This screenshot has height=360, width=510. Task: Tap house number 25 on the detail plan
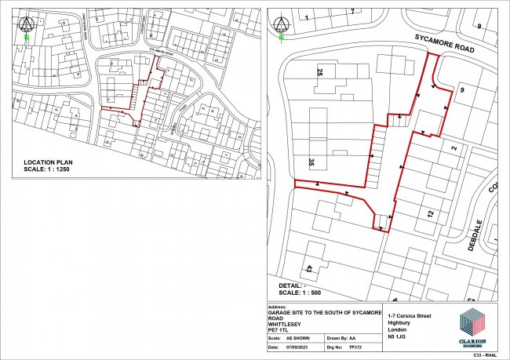point(319,73)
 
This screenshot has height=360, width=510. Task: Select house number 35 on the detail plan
point(311,163)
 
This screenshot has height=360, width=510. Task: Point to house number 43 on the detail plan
point(310,268)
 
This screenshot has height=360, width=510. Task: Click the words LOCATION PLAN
point(49,162)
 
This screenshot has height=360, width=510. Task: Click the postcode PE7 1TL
point(279,330)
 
